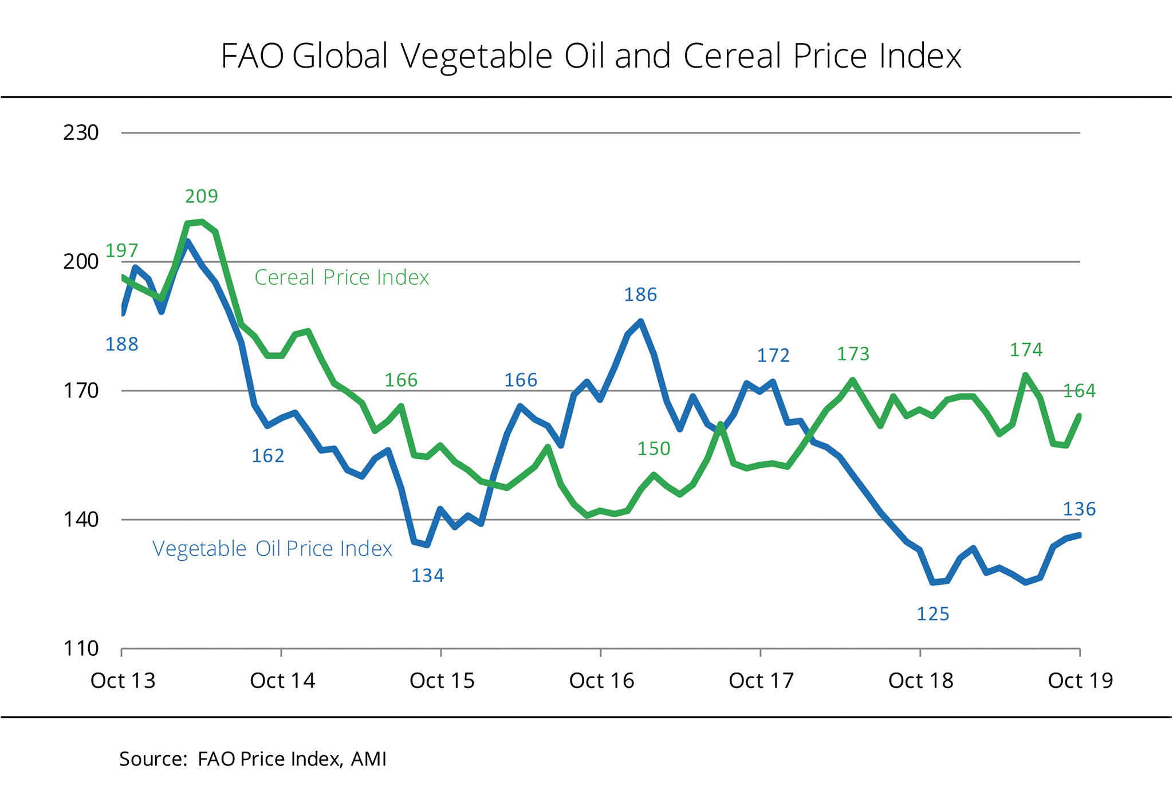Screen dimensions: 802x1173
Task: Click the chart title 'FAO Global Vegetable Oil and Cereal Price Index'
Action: [591, 56]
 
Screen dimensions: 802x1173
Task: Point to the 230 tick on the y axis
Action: [81, 133]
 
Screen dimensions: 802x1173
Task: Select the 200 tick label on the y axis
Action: [81, 262]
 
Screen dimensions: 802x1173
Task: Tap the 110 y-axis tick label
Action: [81, 649]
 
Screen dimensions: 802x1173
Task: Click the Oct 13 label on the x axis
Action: [123, 681]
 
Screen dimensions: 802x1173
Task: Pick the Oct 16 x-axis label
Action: [601, 681]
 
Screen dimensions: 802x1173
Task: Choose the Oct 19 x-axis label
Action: [1080, 681]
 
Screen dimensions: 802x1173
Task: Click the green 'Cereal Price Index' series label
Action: [341, 277]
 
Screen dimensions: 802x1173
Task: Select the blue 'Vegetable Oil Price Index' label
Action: [272, 549]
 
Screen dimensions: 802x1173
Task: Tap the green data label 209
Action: [202, 196]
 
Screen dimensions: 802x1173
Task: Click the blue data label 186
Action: [640, 295]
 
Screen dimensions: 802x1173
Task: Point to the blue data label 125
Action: [933, 614]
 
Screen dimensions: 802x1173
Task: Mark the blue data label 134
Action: [428, 575]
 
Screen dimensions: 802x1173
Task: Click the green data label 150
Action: [654, 449]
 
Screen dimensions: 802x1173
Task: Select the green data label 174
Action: [1026, 349]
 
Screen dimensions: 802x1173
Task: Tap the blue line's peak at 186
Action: [641, 321]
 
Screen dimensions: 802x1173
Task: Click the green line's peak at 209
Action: [202, 222]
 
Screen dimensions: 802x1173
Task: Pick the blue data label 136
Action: [1079, 509]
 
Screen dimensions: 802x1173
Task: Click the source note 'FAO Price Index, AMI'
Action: [253, 759]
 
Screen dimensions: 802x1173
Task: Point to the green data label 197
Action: [122, 250]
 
